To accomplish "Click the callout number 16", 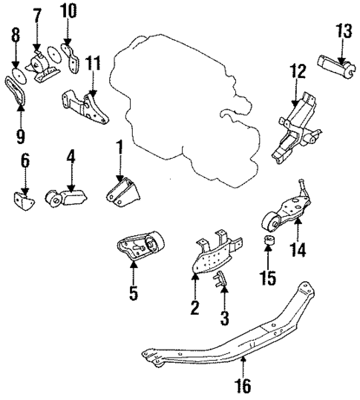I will point(243,385).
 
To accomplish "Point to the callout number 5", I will point(133,294).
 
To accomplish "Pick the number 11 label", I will point(91,62).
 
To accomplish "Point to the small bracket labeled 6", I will point(22,199).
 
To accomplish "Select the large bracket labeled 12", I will point(291,129).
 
